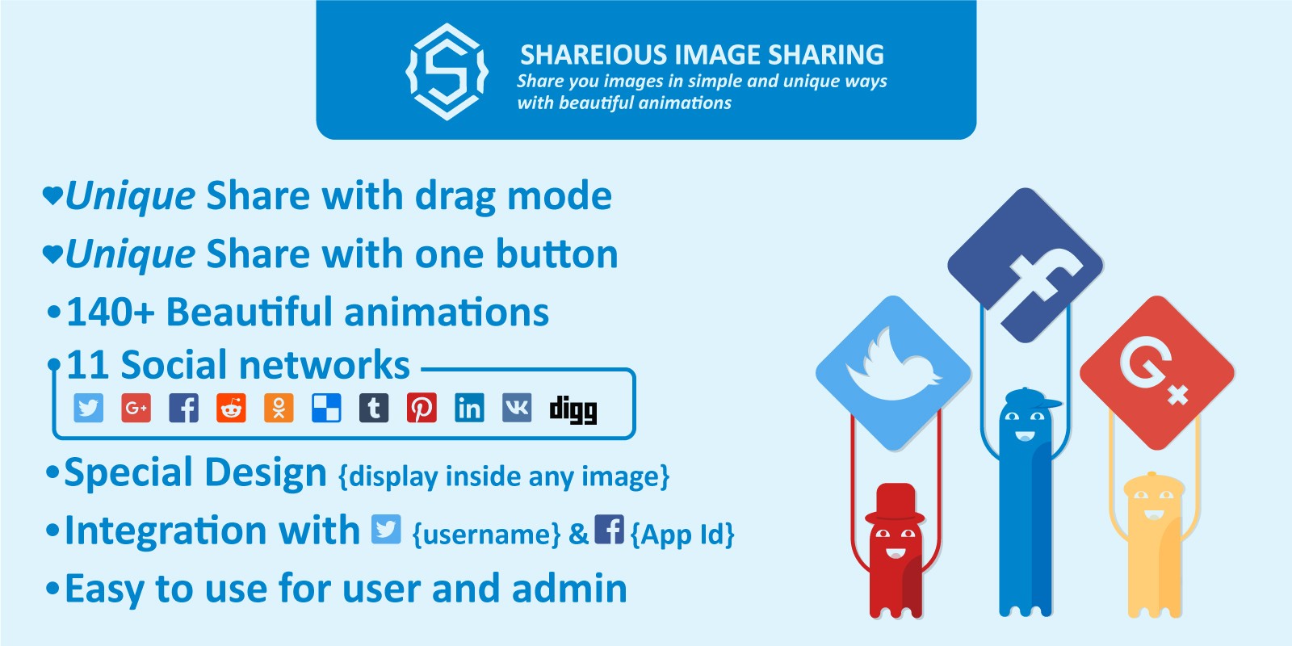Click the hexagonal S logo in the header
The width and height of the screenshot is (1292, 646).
point(447,72)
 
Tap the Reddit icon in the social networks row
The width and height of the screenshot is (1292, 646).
point(231,409)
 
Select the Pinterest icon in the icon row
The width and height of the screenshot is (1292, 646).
point(422,409)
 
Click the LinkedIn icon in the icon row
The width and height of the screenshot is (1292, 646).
point(469,409)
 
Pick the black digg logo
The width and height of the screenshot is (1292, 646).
point(573,410)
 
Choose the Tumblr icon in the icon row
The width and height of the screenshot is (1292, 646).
point(374,409)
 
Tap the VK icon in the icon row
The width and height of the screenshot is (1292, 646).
point(517,409)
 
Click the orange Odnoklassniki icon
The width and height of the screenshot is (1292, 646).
point(279,409)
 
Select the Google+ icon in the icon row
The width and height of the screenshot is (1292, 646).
point(136,409)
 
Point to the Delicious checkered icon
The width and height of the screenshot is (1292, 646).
point(326,409)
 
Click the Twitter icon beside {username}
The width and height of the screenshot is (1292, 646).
point(387,529)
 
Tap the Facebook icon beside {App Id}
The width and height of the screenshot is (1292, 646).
point(609,529)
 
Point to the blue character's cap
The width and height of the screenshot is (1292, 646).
point(1031,399)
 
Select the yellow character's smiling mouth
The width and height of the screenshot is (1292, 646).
point(1153,514)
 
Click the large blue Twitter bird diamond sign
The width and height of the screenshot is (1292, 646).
point(893,373)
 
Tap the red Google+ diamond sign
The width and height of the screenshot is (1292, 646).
point(1157,372)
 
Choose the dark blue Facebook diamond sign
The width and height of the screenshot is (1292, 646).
point(1026,266)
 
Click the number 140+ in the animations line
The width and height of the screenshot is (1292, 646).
point(111,312)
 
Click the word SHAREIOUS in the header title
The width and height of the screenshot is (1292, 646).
point(594,55)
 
